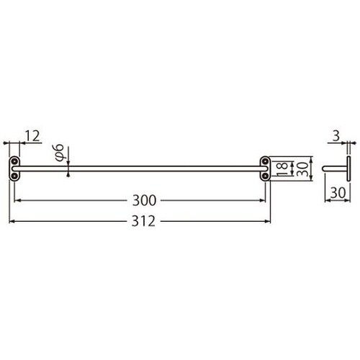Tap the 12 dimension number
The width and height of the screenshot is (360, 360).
32,135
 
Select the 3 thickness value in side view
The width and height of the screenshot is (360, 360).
336,133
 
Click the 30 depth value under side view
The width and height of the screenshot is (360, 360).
336,192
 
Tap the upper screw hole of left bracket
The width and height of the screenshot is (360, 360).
14,161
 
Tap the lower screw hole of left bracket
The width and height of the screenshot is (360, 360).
14,174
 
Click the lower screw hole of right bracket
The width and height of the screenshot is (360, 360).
265,174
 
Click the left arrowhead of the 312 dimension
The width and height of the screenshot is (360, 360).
11,220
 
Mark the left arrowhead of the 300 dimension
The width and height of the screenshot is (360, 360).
18,199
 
